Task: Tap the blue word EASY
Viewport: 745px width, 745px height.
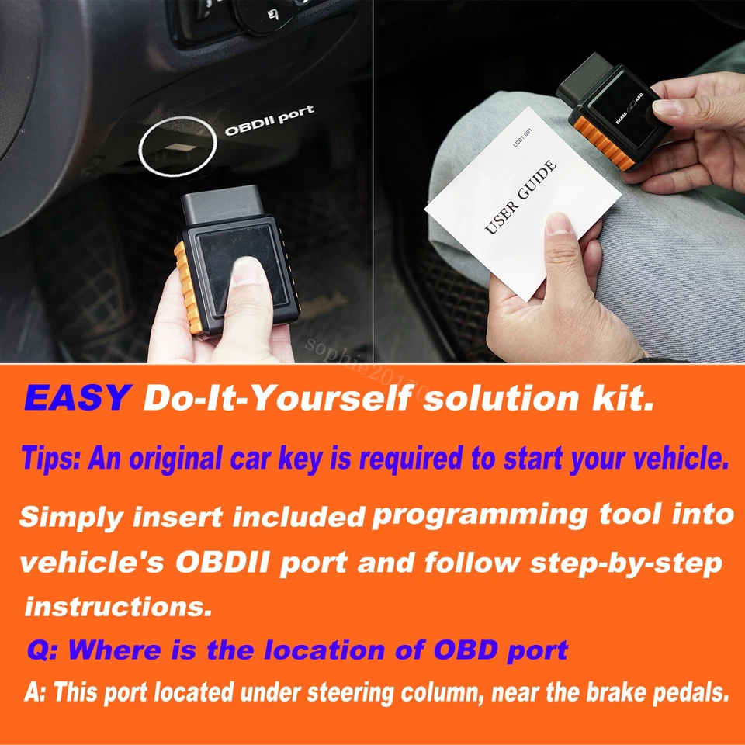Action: coord(76,398)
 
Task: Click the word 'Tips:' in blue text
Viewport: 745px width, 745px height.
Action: coord(50,459)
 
